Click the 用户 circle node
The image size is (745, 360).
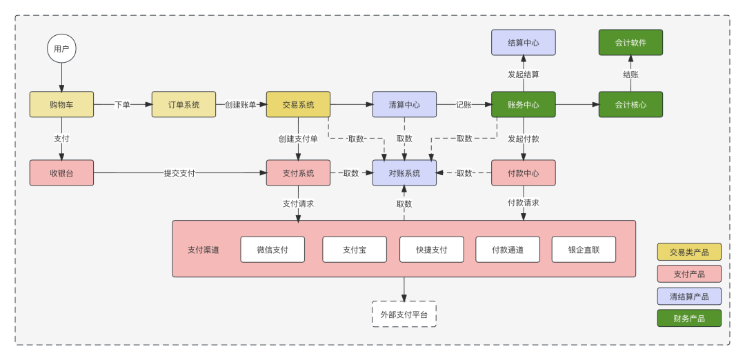(61, 49)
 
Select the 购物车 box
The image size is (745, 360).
(61, 105)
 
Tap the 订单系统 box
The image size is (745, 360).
(183, 105)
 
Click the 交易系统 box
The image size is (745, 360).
(298, 105)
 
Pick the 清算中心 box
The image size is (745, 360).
(404, 105)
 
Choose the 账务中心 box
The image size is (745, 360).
(523, 105)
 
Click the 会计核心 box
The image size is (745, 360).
(630, 105)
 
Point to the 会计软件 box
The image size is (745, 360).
(630, 43)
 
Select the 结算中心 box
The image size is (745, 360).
(523, 43)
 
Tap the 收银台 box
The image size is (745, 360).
(61, 173)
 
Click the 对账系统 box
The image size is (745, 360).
(404, 173)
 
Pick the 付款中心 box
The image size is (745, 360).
(523, 173)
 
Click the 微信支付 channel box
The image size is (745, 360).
(272, 250)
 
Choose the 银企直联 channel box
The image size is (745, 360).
(584, 250)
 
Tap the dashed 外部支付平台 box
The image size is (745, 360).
(404, 314)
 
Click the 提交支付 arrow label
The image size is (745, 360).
(179, 173)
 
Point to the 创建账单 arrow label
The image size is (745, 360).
(241, 105)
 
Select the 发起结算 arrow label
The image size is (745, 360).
(523, 74)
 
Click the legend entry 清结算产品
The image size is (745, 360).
(689, 297)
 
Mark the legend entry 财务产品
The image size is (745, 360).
(689, 319)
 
